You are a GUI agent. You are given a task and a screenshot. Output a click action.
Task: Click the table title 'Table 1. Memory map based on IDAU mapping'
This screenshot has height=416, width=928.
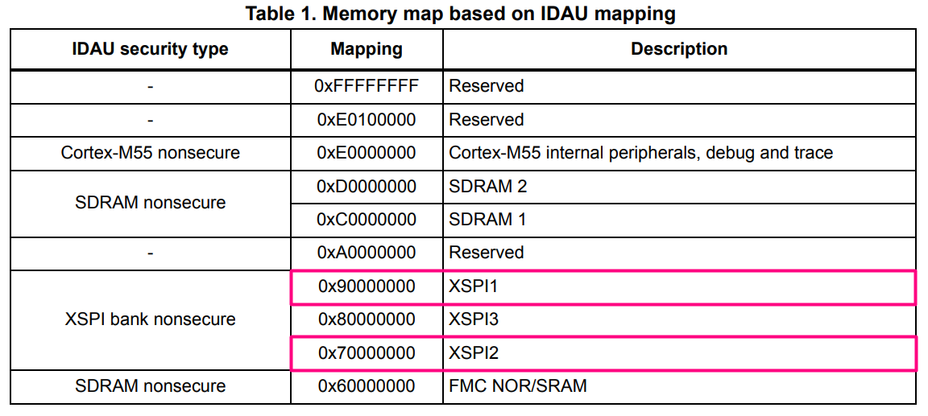(x=460, y=14)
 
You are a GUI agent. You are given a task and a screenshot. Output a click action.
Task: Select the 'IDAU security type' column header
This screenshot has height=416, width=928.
(x=150, y=49)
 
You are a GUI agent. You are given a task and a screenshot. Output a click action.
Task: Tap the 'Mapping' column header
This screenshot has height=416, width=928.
(x=367, y=49)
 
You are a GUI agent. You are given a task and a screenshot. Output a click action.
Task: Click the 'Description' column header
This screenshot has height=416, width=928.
(x=678, y=49)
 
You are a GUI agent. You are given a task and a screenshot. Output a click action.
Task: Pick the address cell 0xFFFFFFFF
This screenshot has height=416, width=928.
(x=367, y=86)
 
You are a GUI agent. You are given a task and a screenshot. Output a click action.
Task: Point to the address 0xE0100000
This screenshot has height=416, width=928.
(x=367, y=120)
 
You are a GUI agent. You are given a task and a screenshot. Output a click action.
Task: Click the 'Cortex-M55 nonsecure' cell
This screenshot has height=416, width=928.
(x=150, y=153)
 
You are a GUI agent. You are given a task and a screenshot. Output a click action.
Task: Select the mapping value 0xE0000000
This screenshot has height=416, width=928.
(x=367, y=153)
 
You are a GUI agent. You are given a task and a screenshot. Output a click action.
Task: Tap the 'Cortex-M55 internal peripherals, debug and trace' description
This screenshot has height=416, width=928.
(x=640, y=153)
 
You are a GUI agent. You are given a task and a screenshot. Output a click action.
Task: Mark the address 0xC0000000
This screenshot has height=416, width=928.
(x=367, y=220)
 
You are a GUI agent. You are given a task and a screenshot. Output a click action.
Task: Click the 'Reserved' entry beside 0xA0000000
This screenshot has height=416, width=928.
(x=486, y=253)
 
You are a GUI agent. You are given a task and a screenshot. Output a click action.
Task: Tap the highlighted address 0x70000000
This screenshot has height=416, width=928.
(x=367, y=353)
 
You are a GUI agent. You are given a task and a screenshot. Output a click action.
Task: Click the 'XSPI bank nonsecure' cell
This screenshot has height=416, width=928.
(x=150, y=319)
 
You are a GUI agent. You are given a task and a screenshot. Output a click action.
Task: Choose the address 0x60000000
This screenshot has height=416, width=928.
(x=367, y=386)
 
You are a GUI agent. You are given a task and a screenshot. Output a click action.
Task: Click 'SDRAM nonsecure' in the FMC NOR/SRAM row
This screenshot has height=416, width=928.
(x=150, y=386)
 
